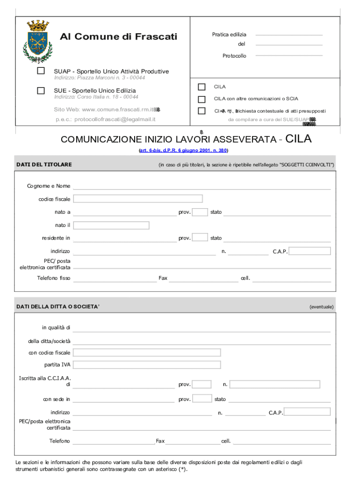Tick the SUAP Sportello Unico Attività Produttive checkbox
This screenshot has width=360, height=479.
click(41, 71)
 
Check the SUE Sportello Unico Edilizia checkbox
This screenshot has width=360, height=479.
click(41, 90)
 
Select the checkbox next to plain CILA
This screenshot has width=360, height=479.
click(202, 87)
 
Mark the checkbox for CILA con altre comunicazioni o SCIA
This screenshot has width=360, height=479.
click(202, 99)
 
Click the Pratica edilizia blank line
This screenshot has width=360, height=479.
click(289, 35)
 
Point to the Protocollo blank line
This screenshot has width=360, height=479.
click(289, 55)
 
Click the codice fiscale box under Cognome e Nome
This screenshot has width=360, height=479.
click(138, 199)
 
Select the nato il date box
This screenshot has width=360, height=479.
click(111, 225)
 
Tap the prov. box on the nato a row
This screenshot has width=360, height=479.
click(200, 212)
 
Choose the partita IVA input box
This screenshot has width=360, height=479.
click(146, 365)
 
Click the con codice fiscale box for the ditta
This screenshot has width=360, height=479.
click(146, 352)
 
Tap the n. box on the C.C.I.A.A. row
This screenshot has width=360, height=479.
click(275, 385)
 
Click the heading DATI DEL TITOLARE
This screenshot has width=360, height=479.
click(44, 165)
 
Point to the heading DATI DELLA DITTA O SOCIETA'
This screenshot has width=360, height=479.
click(58, 306)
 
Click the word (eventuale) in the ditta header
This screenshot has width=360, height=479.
click(321, 307)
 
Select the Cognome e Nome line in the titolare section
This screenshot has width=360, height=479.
click(202, 186)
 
